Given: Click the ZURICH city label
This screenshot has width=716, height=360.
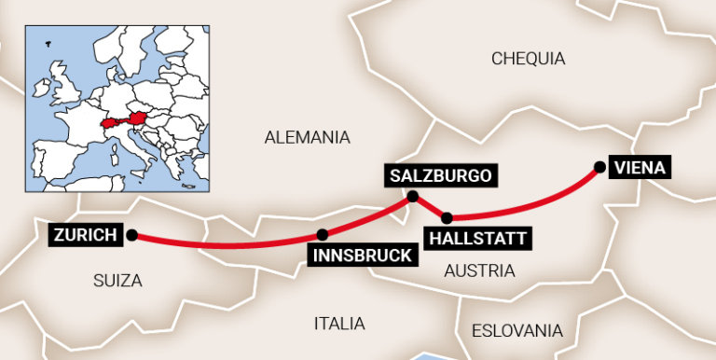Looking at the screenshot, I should [x=86, y=235].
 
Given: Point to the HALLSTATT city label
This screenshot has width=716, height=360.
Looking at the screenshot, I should [x=478, y=239].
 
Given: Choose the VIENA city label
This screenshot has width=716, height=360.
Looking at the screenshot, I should [x=640, y=168].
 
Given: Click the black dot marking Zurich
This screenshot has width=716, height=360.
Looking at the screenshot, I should [x=131, y=235].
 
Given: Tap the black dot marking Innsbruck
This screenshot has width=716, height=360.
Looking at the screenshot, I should [x=323, y=235].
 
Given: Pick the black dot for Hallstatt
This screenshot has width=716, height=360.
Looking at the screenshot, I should [x=447, y=218].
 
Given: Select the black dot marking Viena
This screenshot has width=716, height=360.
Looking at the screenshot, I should [x=599, y=168].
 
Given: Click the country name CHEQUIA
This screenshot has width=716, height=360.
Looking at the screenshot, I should [x=528, y=59].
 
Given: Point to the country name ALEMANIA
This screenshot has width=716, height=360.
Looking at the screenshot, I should [x=307, y=138].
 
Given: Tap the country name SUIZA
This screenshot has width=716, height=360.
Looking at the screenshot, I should [x=117, y=280].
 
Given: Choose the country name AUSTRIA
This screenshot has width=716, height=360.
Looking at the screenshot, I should [x=479, y=270].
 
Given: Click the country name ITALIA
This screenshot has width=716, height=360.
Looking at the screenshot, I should [x=339, y=324].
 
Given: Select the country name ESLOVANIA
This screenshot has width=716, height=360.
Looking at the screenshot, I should [x=516, y=330].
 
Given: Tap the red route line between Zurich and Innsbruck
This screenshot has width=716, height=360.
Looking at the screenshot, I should [x=224, y=246].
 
